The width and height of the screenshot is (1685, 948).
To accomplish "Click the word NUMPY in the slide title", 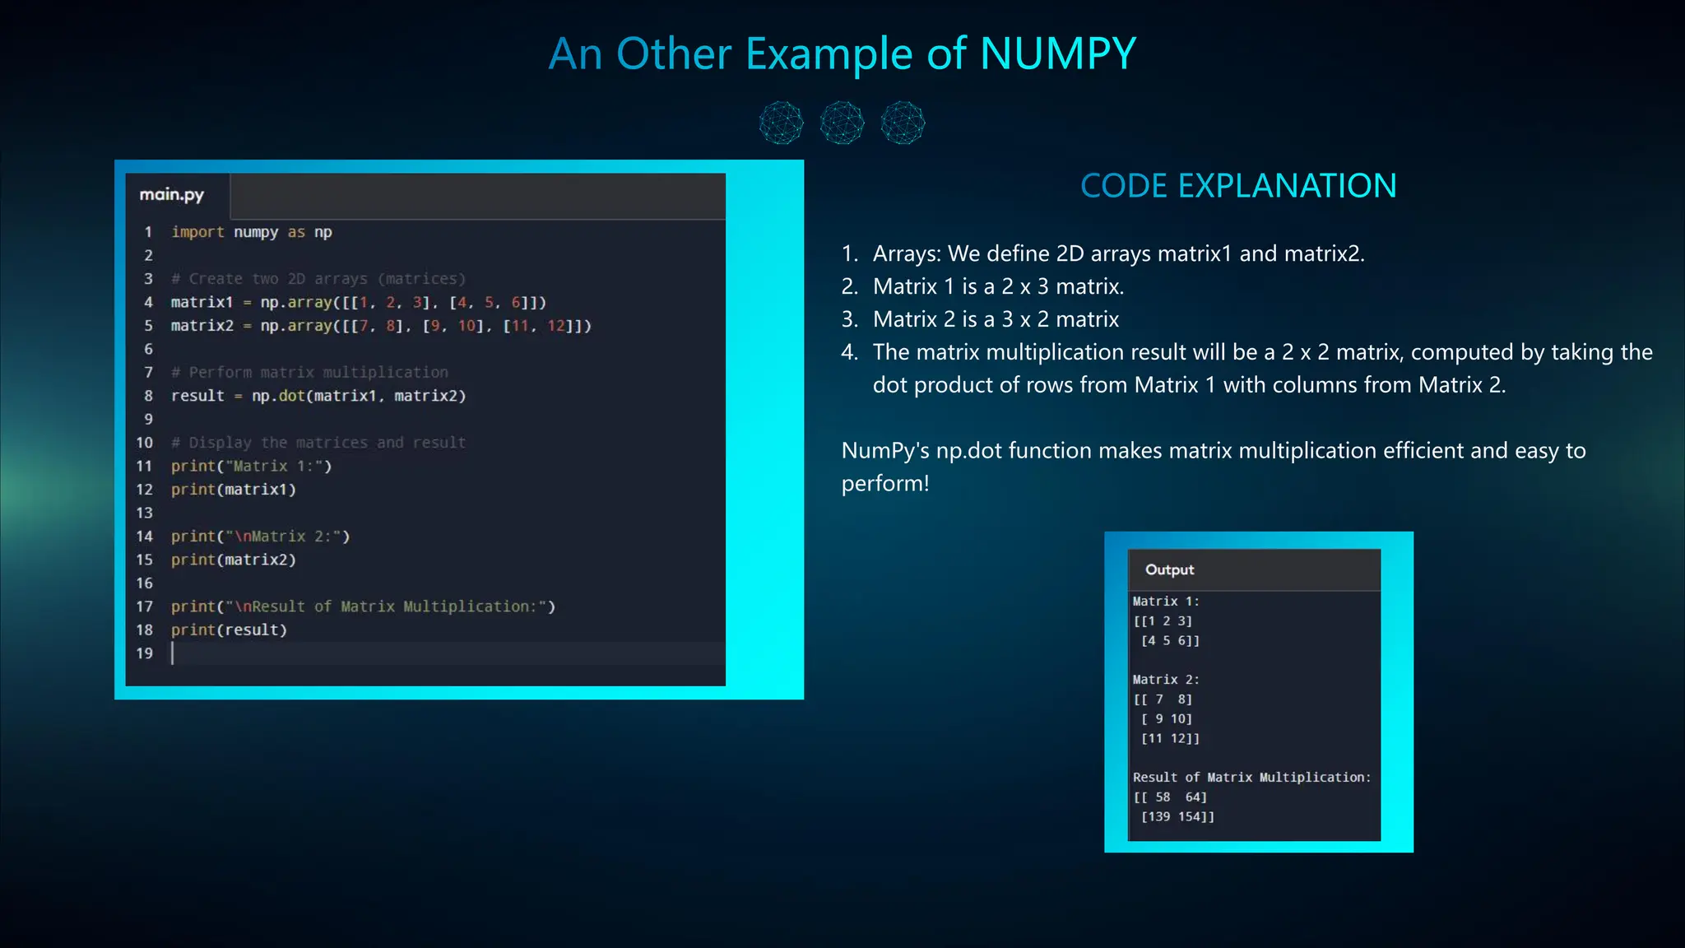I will (1057, 54).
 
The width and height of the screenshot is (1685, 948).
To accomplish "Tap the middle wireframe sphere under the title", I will (842, 123).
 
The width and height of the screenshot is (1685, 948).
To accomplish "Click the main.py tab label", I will (171, 195).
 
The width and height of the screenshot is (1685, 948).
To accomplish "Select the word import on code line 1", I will (197, 232).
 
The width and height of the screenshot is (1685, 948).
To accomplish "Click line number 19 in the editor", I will (145, 653).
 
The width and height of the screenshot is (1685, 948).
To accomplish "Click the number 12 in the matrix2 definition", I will (556, 326).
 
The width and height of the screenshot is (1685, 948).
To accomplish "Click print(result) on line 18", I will (229, 630).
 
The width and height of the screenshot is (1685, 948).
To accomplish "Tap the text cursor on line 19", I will (173, 653).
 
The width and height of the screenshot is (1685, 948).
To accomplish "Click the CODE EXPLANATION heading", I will (1238, 186).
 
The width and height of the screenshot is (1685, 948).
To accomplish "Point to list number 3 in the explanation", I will (849, 319).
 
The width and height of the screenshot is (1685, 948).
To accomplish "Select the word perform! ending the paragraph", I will (885, 483).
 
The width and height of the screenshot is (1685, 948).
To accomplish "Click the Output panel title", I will (1169, 569).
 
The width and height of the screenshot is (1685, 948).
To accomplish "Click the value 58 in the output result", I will (1163, 797).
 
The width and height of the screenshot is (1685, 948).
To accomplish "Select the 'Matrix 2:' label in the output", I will (1166, 680).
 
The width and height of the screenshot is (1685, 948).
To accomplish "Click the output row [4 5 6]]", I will (1170, 640).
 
